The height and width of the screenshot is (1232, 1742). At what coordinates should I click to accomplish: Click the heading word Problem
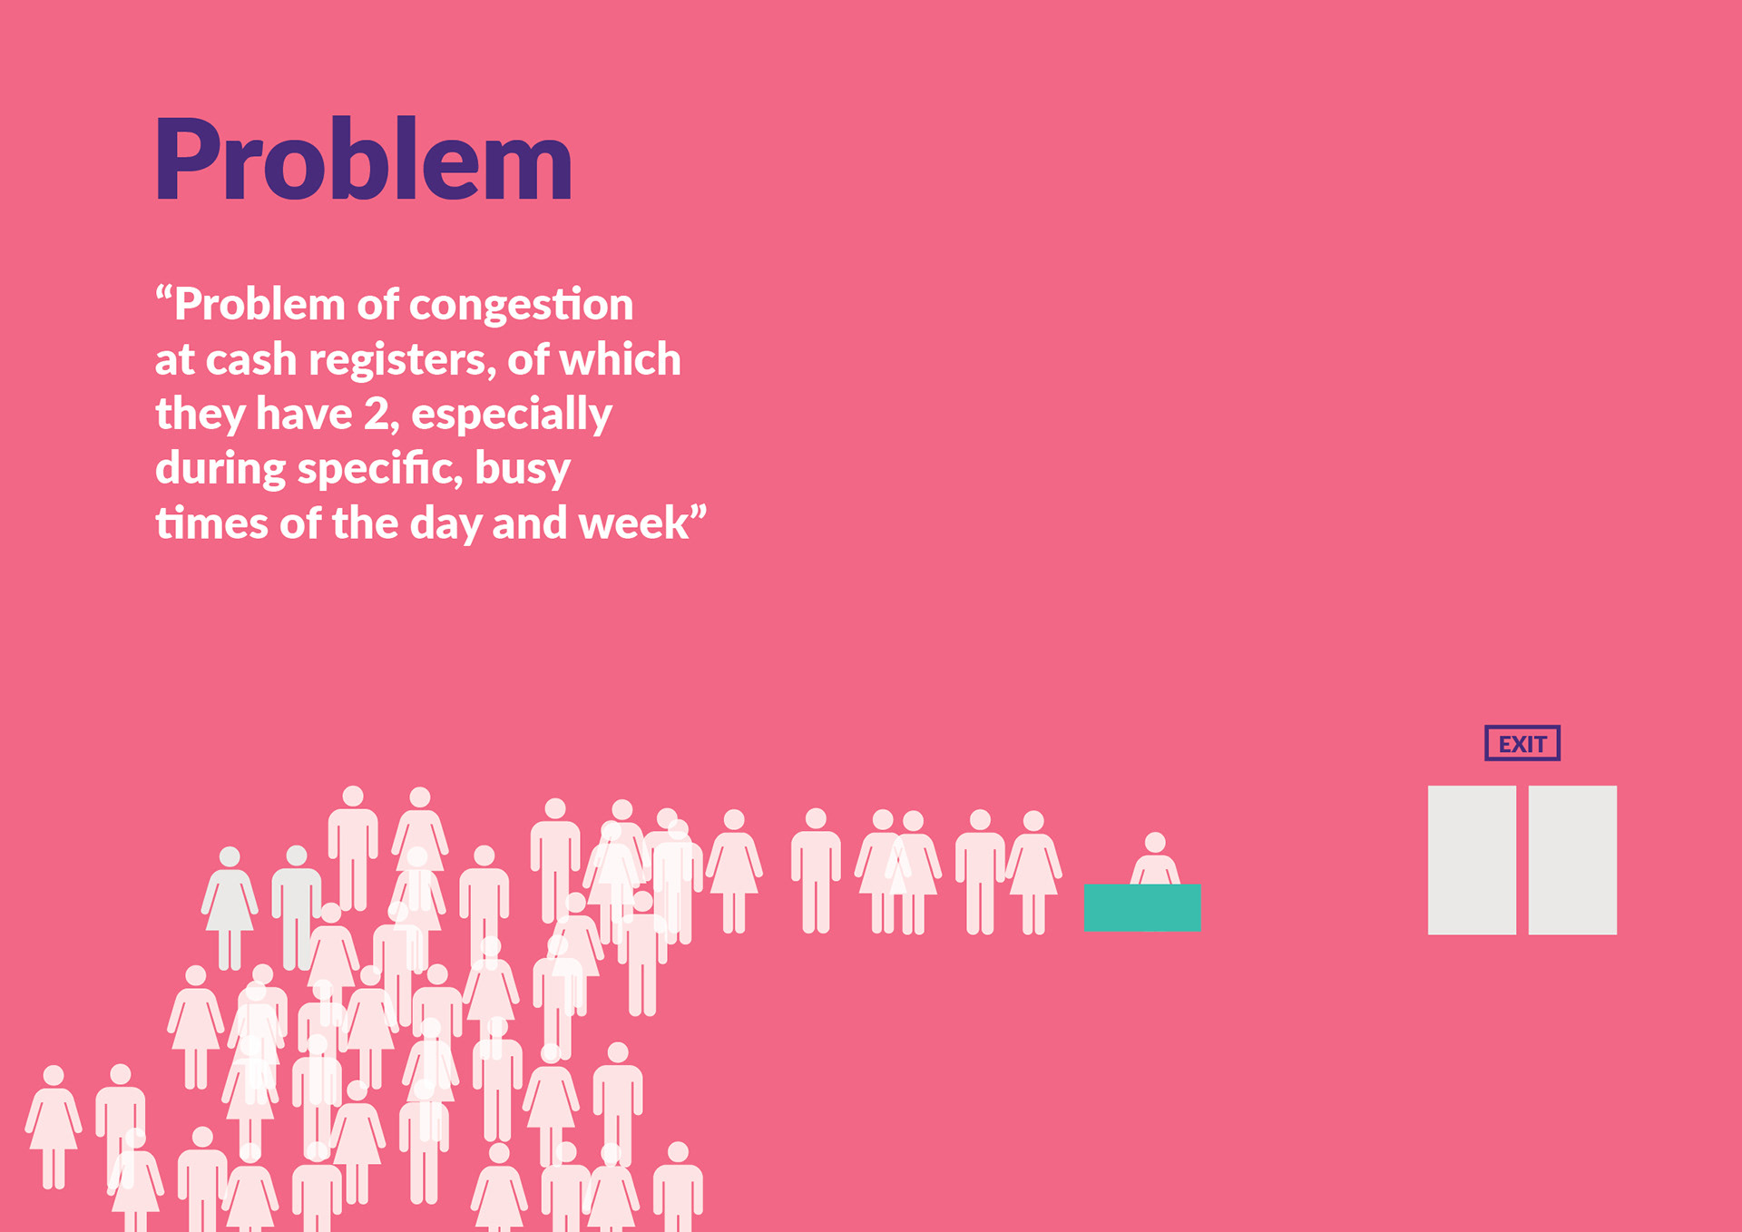coord(364,159)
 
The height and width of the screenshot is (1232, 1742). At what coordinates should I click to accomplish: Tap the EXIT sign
coord(1522,743)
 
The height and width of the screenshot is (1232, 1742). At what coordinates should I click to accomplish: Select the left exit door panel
coord(1472,860)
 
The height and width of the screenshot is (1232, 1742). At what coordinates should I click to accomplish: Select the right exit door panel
coord(1572,860)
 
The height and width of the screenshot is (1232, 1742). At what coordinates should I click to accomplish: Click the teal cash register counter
coord(1142,907)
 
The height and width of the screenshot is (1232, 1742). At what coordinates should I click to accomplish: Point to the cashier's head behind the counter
coord(1155,843)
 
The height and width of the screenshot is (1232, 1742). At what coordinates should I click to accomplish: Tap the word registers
coord(402,361)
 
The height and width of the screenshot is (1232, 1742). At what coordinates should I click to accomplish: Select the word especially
coord(512,416)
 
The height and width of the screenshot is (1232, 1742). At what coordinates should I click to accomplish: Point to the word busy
coord(523,470)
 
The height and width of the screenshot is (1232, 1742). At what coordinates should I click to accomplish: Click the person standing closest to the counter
coord(1033,872)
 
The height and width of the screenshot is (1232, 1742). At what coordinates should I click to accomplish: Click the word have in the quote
coord(304,415)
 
